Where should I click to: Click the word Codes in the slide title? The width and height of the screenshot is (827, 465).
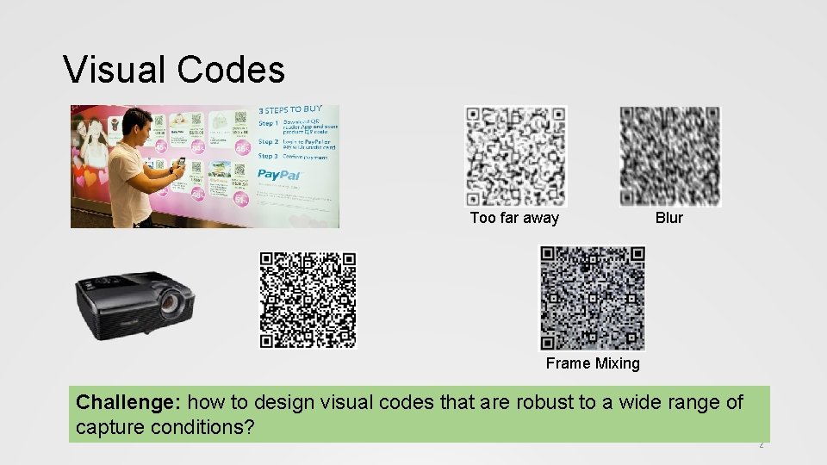click(231, 70)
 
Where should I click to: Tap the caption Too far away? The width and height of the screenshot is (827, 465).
click(514, 218)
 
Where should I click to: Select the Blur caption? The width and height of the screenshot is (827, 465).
click(668, 218)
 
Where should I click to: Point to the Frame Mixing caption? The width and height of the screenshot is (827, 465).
click(593, 363)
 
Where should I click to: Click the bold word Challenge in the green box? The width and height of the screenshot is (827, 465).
click(129, 402)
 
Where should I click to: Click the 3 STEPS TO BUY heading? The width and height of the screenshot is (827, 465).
click(291, 110)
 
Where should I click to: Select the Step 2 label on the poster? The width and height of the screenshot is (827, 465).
click(268, 142)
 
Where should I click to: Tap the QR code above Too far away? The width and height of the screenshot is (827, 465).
click(515, 156)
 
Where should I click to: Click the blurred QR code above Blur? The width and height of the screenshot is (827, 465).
click(669, 156)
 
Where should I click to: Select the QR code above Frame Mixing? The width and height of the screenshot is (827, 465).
click(592, 298)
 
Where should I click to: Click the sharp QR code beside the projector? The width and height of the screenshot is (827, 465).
click(308, 300)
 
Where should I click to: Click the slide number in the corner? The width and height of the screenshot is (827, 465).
click(761, 445)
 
